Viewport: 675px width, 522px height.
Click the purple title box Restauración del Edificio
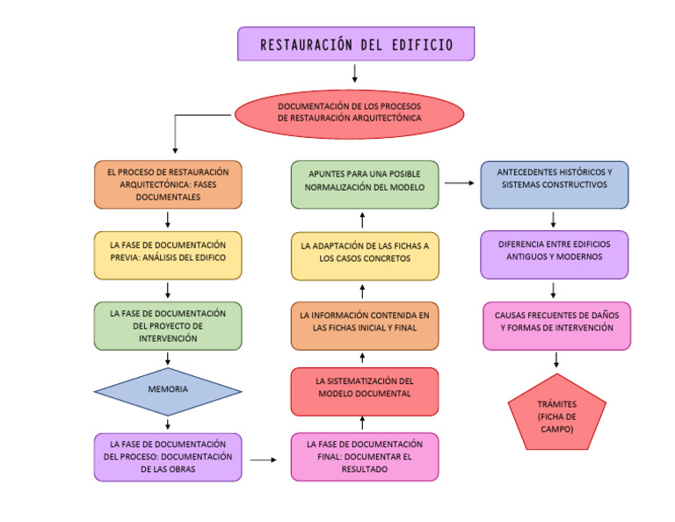pos(356,44)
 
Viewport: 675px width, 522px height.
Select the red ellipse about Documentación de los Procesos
pos(349,112)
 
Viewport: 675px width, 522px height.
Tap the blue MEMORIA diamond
pos(167,388)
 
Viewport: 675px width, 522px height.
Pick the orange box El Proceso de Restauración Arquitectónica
pos(167,185)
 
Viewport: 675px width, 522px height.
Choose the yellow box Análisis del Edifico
pos(167,255)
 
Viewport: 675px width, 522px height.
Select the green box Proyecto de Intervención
pos(167,326)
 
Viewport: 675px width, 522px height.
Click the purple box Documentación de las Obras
pos(167,457)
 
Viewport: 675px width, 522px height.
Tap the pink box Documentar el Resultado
pos(365,457)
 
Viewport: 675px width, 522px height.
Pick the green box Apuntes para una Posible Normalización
pos(365,184)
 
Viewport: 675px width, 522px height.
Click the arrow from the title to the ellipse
pos(355,73)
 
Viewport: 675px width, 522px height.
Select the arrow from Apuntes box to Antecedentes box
pos(459,184)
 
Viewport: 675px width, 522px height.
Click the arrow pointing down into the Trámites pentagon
pos(556,360)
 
